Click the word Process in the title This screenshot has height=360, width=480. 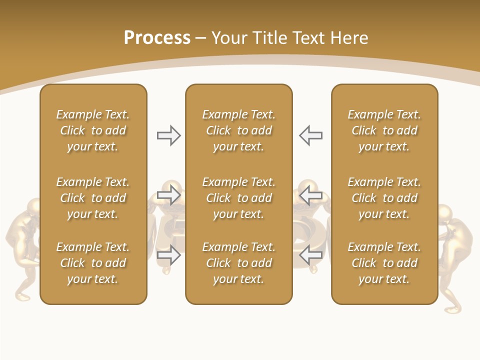click(157, 38)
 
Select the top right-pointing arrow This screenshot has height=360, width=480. click(168, 135)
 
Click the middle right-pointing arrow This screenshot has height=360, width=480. click(168, 195)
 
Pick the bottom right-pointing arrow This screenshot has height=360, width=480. click(168, 255)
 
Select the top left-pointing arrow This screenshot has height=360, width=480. click(311, 135)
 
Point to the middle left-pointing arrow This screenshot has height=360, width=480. click(311, 195)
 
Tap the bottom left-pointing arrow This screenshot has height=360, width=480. click(311, 255)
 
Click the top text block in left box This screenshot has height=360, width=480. click(93, 130)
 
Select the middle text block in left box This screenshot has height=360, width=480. click(93, 198)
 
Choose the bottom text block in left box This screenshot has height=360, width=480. click(93, 263)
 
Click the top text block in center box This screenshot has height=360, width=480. click(238, 130)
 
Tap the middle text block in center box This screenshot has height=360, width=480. click(238, 198)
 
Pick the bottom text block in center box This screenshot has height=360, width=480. click(238, 263)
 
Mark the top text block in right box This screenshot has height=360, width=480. click(384, 130)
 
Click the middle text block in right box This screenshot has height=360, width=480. click(384, 198)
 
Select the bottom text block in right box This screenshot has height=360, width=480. click(384, 263)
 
